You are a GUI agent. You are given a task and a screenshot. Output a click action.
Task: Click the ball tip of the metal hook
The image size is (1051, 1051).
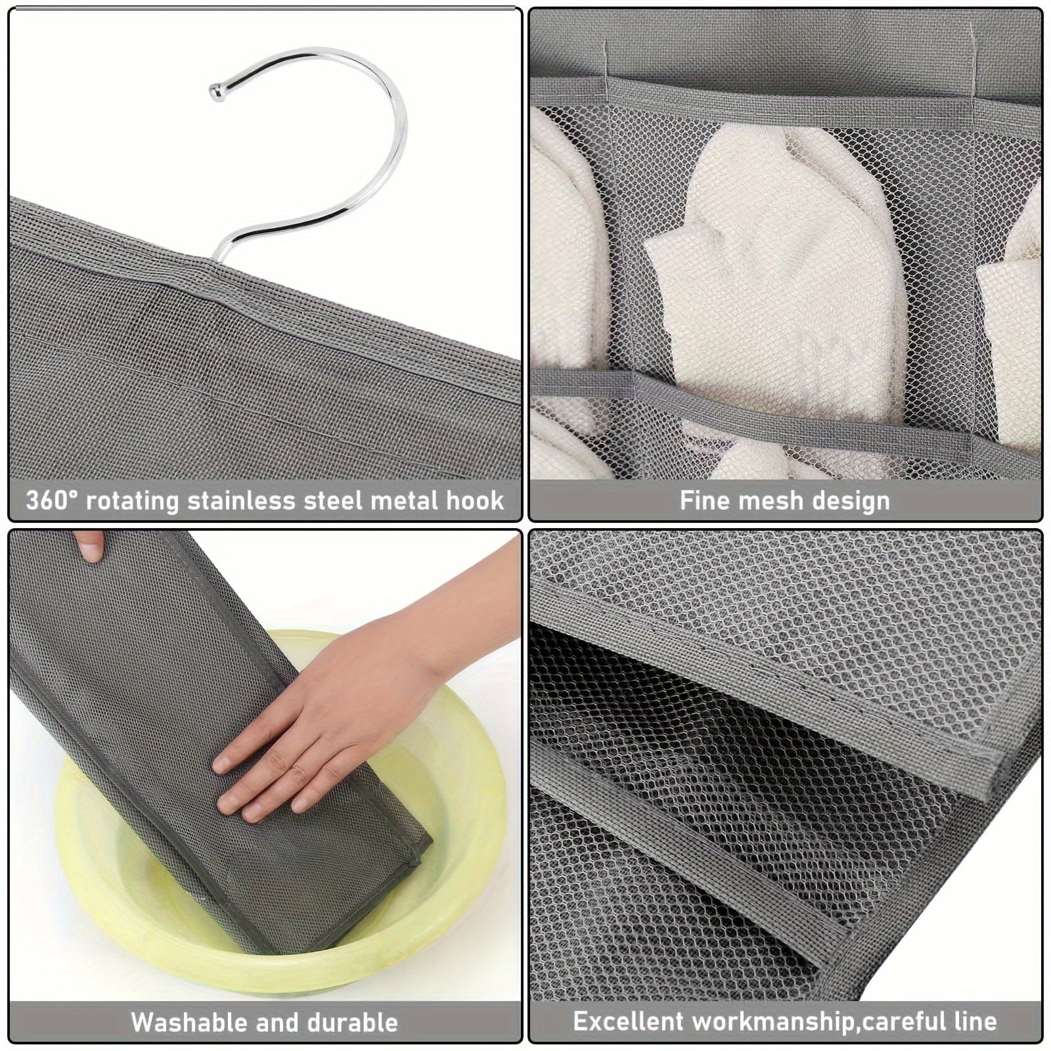click(215, 91)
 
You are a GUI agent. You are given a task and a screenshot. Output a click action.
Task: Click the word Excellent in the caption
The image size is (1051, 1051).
click(628, 1021)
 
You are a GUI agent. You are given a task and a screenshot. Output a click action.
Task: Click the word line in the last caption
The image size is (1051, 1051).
click(977, 1021)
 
